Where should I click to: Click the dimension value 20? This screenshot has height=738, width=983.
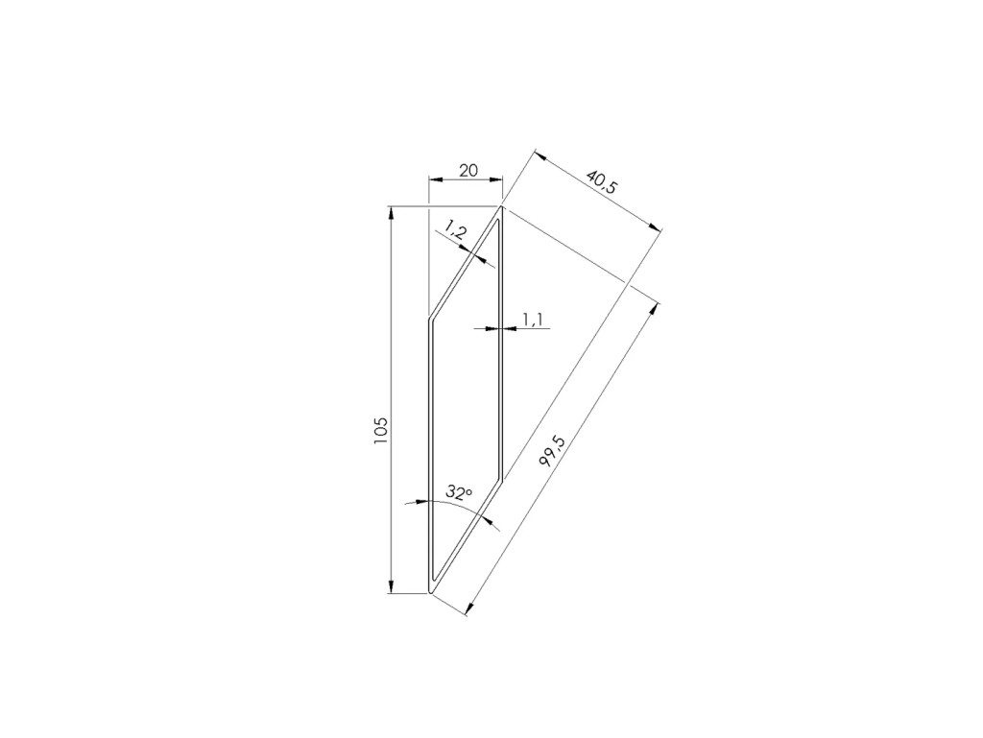coord(468,171)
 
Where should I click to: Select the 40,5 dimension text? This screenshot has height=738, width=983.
coord(601,181)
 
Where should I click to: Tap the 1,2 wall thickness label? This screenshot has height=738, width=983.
coord(456,231)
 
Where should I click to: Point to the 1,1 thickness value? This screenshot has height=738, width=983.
coord(532,321)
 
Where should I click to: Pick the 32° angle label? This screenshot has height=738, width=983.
coord(458,493)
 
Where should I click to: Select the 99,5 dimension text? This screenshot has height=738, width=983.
coord(552,451)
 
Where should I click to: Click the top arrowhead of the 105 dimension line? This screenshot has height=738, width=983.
coord(392,213)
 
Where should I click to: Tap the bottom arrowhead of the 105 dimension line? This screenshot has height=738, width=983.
coord(392,586)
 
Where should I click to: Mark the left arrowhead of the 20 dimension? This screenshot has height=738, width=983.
coord(435,179)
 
